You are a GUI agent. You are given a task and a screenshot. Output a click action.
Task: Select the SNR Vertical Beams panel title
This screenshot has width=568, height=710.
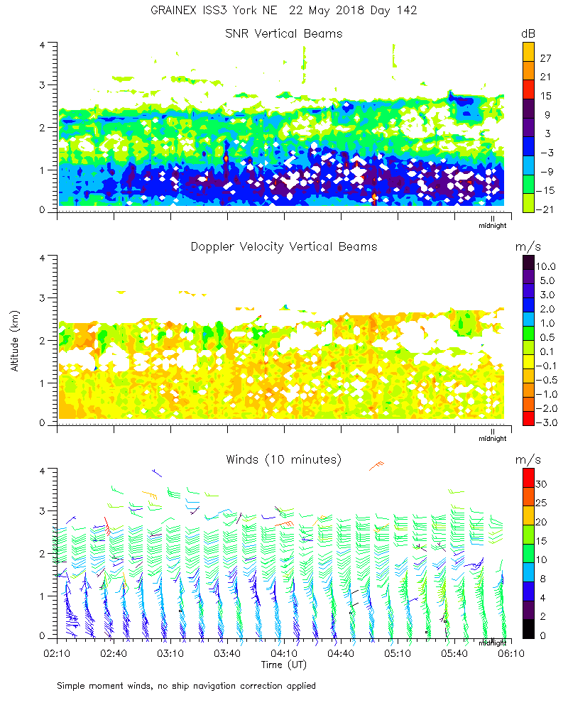[x=283, y=33]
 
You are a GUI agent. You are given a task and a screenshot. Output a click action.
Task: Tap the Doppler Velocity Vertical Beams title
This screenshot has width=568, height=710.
[x=283, y=246]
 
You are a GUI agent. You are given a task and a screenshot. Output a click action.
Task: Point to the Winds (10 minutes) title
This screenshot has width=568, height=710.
[x=283, y=459]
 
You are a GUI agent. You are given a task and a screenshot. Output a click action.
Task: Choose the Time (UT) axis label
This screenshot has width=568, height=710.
[x=283, y=665]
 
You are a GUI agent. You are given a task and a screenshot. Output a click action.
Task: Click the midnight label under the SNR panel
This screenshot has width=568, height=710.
[x=492, y=226]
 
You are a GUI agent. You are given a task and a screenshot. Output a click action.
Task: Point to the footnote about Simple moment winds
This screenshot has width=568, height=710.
[x=187, y=686]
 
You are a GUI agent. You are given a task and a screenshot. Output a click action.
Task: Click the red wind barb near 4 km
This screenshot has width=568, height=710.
[x=376, y=466]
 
